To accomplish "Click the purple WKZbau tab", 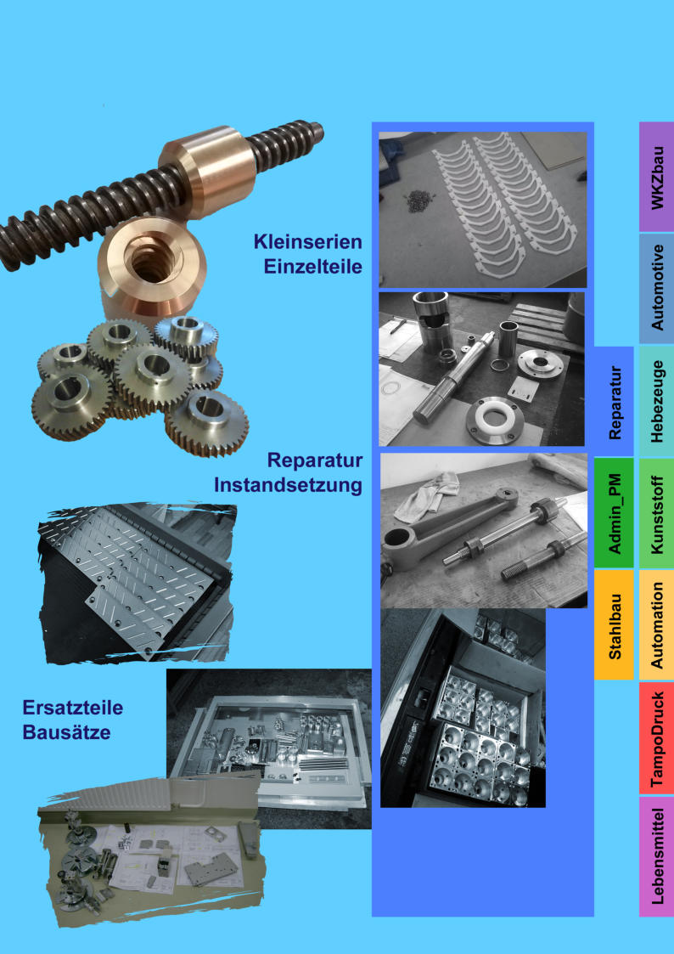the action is click(x=656, y=177).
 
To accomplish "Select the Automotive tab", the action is click(x=656, y=288).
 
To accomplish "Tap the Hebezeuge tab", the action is click(x=656, y=401).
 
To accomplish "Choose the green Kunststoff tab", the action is click(x=656, y=513).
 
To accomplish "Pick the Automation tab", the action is click(x=656, y=625).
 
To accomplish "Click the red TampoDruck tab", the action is click(x=656, y=738).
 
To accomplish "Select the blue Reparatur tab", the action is click(x=614, y=402).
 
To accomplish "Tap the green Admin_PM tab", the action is click(x=614, y=513).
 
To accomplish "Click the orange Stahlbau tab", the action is click(x=614, y=625).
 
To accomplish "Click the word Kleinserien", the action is click(x=307, y=241).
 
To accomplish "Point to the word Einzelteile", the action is click(x=312, y=267).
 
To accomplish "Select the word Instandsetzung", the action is click(x=288, y=486).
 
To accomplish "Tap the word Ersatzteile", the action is click(x=72, y=708).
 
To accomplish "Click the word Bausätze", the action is click(x=66, y=732).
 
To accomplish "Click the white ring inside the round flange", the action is click(x=496, y=421).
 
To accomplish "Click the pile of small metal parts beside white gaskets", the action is click(x=418, y=201).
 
